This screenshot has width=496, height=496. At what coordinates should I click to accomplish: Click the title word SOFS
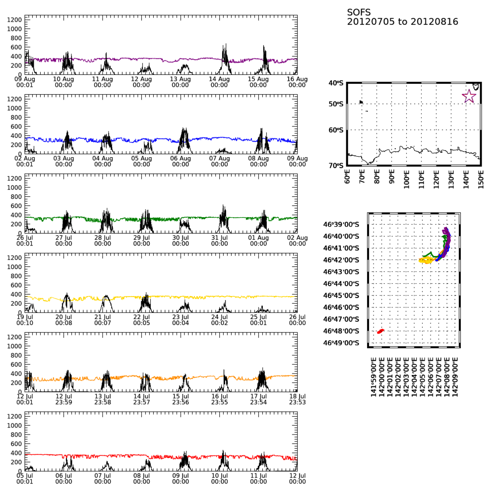[359, 12]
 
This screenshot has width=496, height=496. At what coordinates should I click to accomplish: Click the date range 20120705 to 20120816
[402, 22]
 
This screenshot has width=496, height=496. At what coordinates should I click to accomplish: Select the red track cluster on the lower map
[380, 331]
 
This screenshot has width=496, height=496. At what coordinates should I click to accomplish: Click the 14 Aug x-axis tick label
[219, 79]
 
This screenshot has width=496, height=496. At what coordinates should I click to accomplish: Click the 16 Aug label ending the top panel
[297, 79]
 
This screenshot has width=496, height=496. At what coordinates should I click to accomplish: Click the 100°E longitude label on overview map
[406, 178]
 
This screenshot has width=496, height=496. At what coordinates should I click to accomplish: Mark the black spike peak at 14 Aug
[225, 45]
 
